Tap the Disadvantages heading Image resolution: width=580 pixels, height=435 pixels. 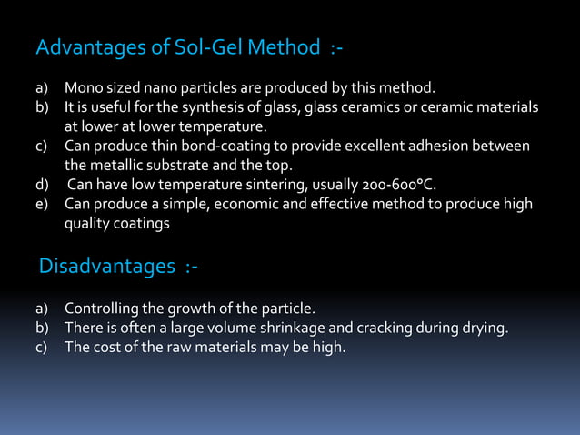(106, 267)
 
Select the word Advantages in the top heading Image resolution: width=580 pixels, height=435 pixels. (83, 46)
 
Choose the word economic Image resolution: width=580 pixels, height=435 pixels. (243, 204)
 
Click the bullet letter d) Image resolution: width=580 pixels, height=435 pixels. (42, 185)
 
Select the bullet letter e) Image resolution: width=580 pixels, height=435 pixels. (42, 204)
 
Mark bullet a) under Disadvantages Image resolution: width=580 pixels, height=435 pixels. (42, 309)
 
